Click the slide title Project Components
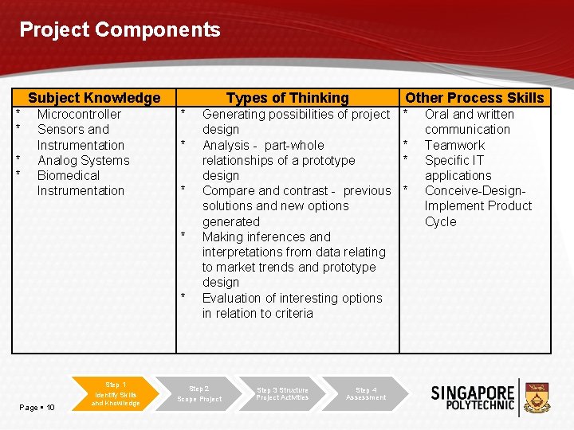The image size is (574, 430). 120,30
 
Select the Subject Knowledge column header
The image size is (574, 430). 94,98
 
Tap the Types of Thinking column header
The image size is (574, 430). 287,98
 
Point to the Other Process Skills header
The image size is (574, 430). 474,98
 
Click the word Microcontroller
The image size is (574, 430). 79,114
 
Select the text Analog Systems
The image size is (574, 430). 83,160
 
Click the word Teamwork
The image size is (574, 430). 454,145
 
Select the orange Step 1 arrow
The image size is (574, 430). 116,393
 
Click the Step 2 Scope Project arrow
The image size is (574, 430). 199,393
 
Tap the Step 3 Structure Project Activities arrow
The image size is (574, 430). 282,393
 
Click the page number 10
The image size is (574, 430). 50,408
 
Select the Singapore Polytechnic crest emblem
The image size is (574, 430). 539,396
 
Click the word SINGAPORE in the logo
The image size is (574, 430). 473,393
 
